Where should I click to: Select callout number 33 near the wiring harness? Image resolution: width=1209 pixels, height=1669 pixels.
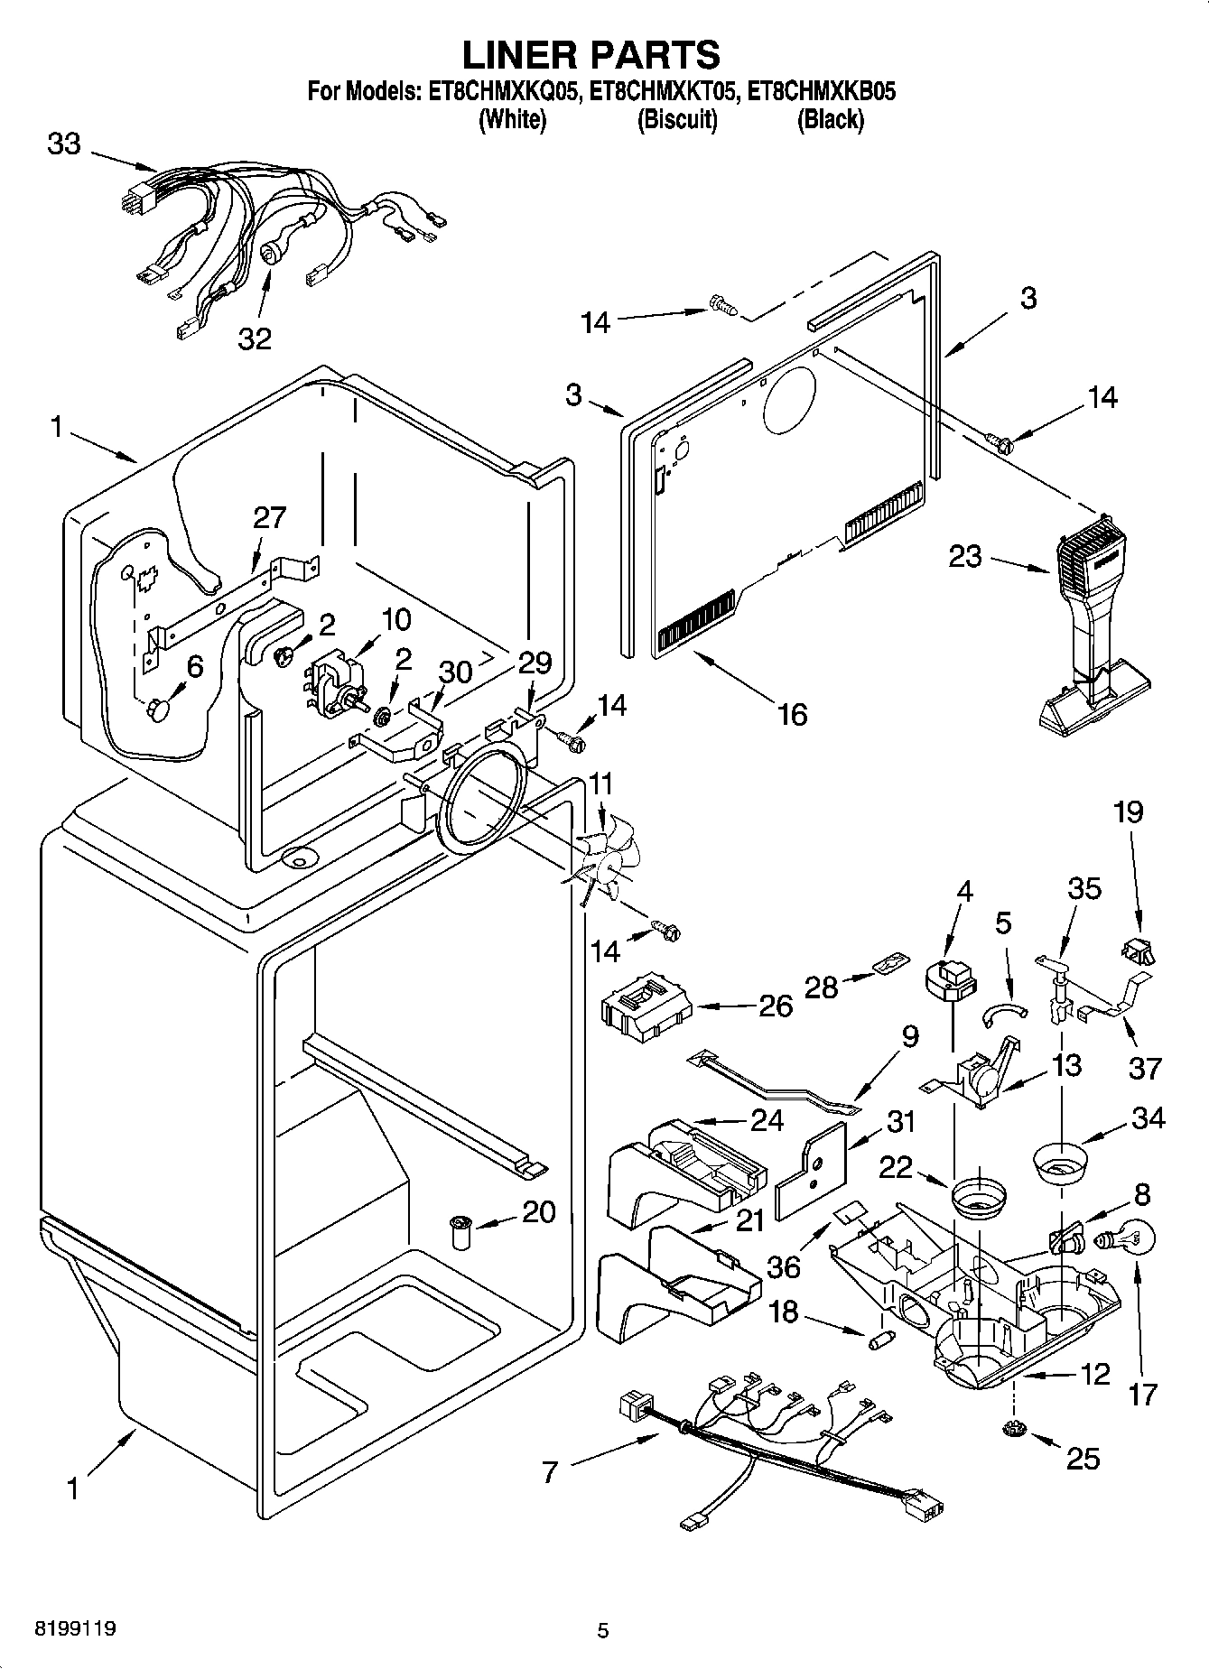[64, 144]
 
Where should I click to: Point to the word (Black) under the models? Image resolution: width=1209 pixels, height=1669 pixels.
[830, 119]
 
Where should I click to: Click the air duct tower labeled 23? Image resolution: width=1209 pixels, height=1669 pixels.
[1092, 623]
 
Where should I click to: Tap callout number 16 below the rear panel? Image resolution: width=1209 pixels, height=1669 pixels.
[791, 714]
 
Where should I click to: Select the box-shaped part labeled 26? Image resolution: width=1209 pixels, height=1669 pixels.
[646, 1005]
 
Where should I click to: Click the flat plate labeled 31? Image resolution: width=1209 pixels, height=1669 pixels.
[813, 1171]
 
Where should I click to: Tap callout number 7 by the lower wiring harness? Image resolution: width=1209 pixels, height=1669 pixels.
[550, 1473]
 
